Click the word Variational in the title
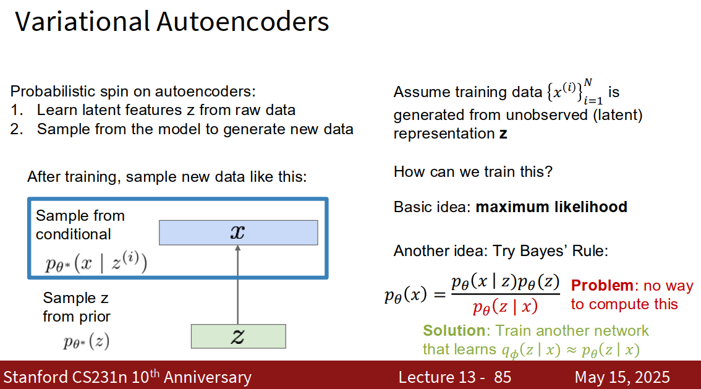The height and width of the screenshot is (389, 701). [82, 22]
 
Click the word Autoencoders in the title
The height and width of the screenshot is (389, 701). [243, 22]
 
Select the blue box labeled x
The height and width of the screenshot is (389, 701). [238, 233]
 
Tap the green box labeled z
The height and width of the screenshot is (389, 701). [238, 336]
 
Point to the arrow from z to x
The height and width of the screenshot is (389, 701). [238, 285]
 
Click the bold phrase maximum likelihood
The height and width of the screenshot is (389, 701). [551, 207]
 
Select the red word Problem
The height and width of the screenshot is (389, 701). [601, 285]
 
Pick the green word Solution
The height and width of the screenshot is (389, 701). [454, 330]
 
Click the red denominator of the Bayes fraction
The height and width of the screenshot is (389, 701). [505, 307]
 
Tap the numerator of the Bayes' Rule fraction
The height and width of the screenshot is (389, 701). [505, 282]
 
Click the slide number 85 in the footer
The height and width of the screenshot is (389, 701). [503, 377]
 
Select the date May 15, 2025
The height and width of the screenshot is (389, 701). [622, 377]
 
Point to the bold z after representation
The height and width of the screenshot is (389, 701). [503, 134]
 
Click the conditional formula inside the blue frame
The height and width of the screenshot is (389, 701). [96, 262]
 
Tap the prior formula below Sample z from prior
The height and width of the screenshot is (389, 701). [87, 342]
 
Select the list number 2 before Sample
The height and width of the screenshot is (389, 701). [17, 129]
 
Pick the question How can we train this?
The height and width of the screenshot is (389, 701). [473, 172]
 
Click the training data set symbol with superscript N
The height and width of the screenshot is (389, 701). [575, 92]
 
